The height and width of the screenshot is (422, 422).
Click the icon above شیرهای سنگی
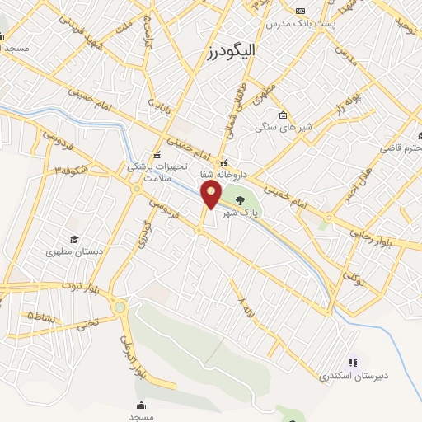click(283, 115)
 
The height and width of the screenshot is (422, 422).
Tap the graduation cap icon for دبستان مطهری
click(74, 240)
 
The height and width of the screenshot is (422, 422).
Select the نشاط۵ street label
click(43, 315)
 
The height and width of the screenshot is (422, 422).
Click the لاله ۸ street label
click(244, 312)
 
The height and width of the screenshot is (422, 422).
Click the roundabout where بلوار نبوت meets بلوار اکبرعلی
click(121, 308)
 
